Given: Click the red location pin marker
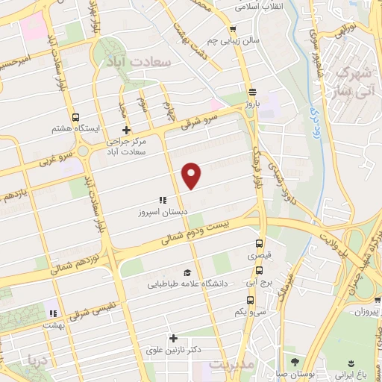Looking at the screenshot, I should [192, 175].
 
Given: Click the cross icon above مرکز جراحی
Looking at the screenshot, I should [127, 129].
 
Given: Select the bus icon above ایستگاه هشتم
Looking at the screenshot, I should [75, 117].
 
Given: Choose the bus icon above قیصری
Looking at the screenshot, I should [260, 244].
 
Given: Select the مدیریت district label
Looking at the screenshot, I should [232, 365].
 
